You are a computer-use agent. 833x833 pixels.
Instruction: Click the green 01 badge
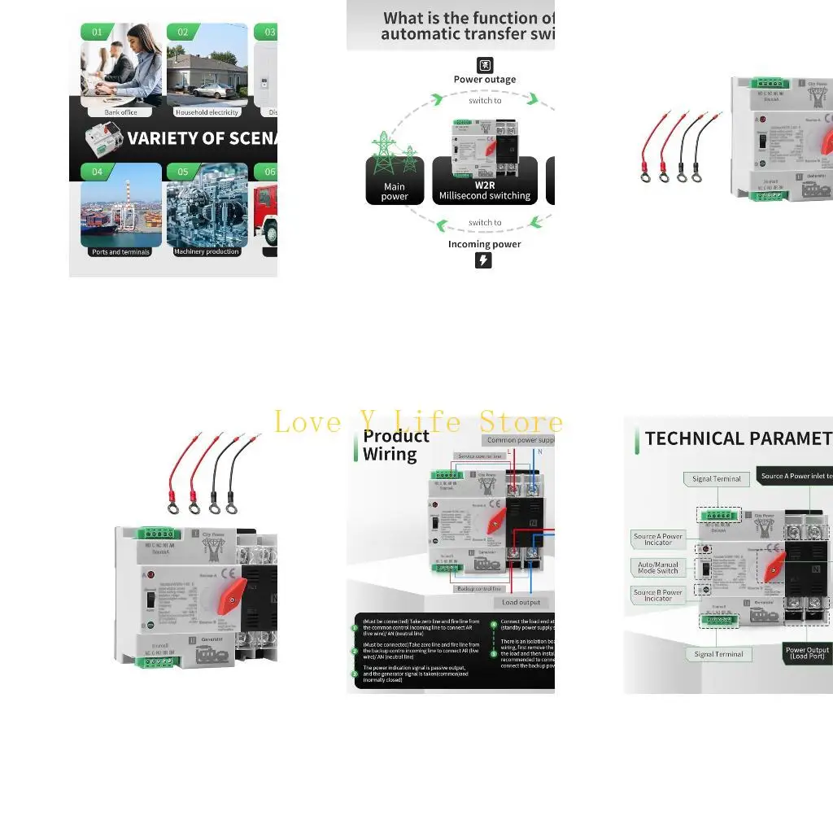pyautogui.click(x=98, y=32)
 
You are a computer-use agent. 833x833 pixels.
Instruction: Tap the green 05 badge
pyautogui.click(x=183, y=172)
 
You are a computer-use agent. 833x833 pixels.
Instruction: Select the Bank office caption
pyautogui.click(x=120, y=112)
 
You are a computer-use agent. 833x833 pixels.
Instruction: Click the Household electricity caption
pyautogui.click(x=207, y=112)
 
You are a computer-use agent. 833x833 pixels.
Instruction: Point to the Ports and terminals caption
pyautogui.click(x=120, y=252)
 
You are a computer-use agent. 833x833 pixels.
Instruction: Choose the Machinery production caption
pyautogui.click(x=207, y=252)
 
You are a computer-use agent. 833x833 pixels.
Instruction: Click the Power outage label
pyautogui.click(x=485, y=80)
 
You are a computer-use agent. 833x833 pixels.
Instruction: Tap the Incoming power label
pyautogui.click(x=485, y=244)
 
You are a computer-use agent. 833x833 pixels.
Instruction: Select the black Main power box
pyautogui.click(x=395, y=181)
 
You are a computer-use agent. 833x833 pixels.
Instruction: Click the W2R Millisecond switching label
pyautogui.click(x=485, y=190)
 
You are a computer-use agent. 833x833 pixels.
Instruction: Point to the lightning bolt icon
pyautogui.click(x=483, y=260)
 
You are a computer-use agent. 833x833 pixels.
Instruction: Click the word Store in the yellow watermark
pyautogui.click(x=521, y=422)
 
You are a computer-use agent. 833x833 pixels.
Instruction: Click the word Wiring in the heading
pyautogui.click(x=390, y=454)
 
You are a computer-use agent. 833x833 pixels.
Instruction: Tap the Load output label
pyautogui.click(x=521, y=603)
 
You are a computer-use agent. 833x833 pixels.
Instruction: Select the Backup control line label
pyautogui.click(x=479, y=589)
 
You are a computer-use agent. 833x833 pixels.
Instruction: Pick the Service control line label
pyautogui.click(x=480, y=456)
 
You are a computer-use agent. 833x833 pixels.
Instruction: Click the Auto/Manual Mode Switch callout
pyautogui.click(x=658, y=568)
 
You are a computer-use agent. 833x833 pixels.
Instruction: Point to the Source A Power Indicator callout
pyautogui.click(x=658, y=539)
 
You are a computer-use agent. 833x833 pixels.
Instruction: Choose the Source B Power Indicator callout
pyautogui.click(x=658, y=595)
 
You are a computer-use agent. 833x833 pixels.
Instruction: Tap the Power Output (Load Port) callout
pyautogui.click(x=807, y=652)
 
